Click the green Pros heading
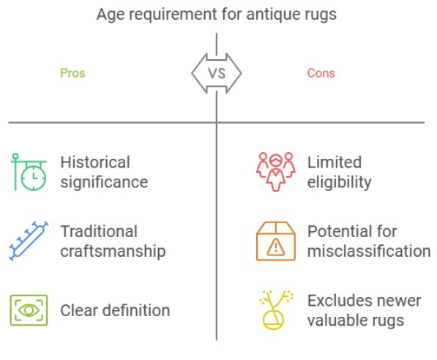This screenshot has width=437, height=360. (72, 73)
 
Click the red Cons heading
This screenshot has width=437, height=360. (321, 73)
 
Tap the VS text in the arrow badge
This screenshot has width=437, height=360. (217, 74)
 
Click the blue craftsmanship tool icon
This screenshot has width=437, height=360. (29, 241)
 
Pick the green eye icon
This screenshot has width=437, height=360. (29, 310)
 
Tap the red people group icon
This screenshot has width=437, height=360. (276, 172)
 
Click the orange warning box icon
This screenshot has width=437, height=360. (276, 241)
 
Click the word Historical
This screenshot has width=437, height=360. (95, 162)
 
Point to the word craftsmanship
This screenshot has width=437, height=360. (113, 251)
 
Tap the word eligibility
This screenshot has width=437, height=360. (339, 182)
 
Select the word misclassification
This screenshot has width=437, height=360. (369, 251)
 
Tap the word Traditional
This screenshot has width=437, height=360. (99, 231)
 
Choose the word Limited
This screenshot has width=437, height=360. (335, 162)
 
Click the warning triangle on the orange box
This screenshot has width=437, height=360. (276, 247)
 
